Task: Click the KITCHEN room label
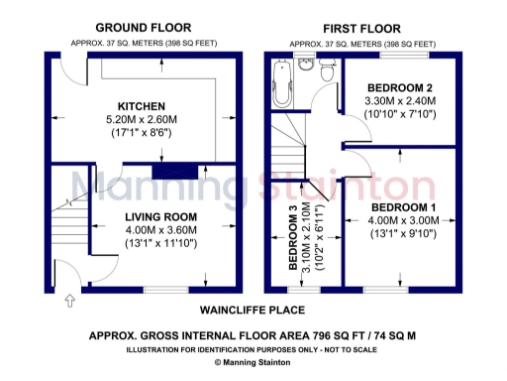click(141, 105)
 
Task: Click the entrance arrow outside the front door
click(68, 299)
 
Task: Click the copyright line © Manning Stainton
click(253, 364)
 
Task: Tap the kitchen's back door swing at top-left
click(70, 72)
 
